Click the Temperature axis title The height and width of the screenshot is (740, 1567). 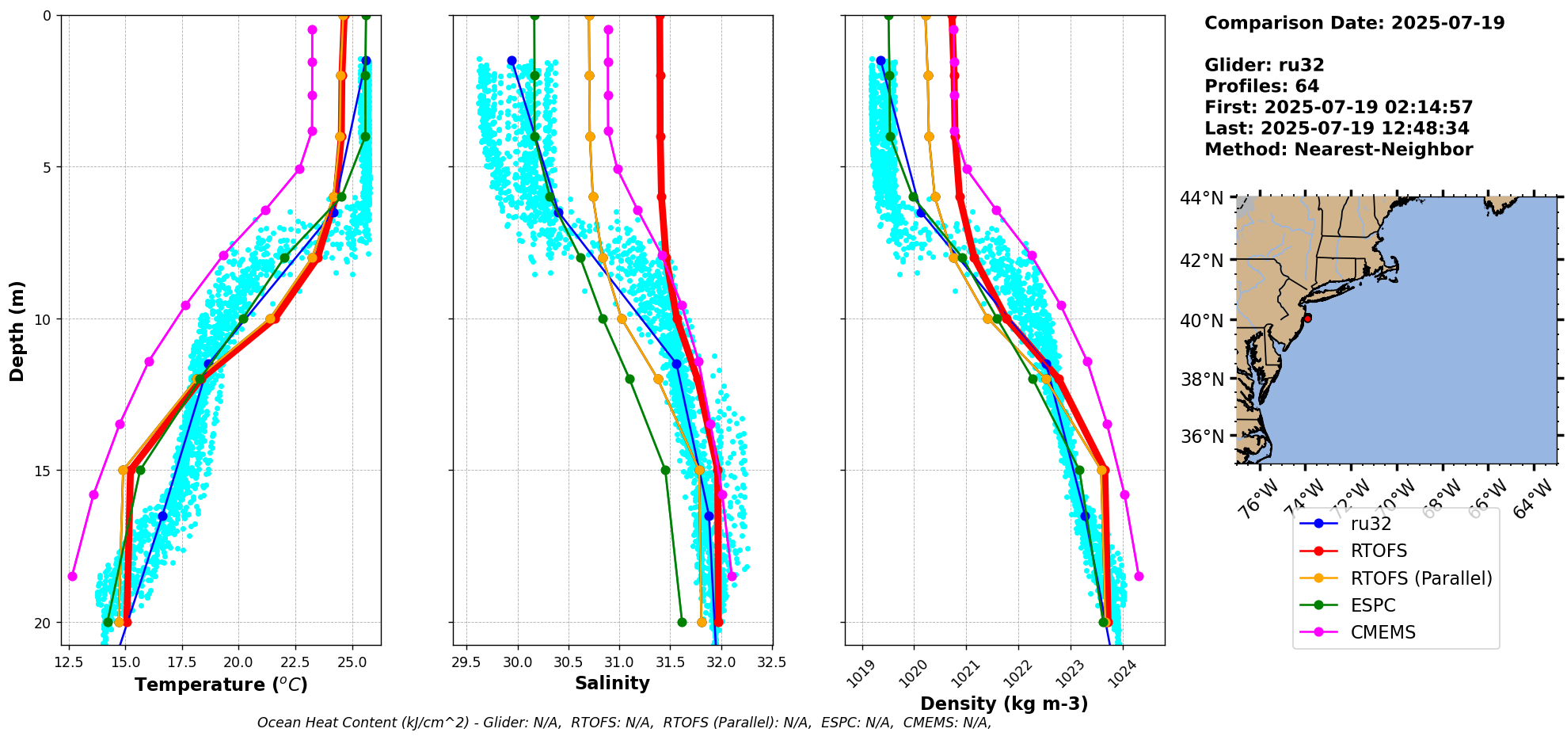(x=221, y=685)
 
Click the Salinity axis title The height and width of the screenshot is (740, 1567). (x=612, y=683)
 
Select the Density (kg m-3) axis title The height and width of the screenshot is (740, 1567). (x=1004, y=704)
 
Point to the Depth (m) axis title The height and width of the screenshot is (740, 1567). (x=17, y=330)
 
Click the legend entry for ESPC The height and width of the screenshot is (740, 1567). (x=1373, y=605)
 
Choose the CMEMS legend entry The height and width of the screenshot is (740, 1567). (x=1383, y=632)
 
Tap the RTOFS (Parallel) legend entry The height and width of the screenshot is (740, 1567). (x=1421, y=578)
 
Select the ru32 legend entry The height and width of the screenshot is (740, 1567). (x=1371, y=524)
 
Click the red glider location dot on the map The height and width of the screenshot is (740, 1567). (x=1307, y=318)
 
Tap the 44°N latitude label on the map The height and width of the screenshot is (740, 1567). (x=1202, y=198)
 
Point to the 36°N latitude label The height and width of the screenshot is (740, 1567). (x=1202, y=437)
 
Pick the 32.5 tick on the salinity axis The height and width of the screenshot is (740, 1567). (x=772, y=662)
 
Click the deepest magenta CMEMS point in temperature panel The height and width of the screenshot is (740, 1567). (x=72, y=576)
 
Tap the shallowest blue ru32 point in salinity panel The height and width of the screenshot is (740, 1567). (x=512, y=61)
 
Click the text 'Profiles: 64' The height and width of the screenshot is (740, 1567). (x=1261, y=86)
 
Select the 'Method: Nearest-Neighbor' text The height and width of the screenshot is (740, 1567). (x=1338, y=150)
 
